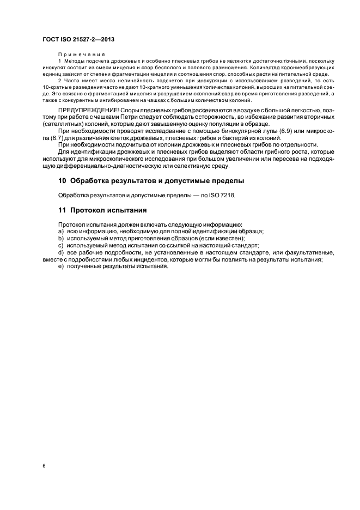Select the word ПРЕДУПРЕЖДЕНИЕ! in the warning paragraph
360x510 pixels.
[x=89, y=111]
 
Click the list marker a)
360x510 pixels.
[x=60, y=231]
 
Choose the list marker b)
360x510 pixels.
[x=60, y=238]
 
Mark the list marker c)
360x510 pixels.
[x=60, y=245]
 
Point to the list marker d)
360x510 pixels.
[x=60, y=252]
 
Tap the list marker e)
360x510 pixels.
[x=60, y=266]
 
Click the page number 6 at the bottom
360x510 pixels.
[x=43, y=466]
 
